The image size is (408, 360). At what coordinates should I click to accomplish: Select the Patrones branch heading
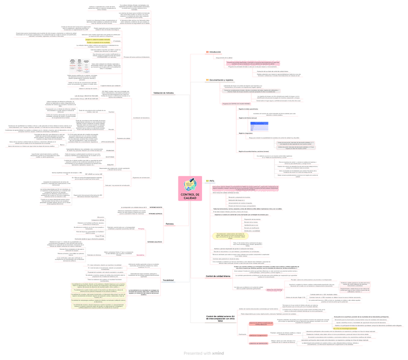click(x=169, y=224)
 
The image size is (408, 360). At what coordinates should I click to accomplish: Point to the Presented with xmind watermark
click(x=204, y=353)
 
